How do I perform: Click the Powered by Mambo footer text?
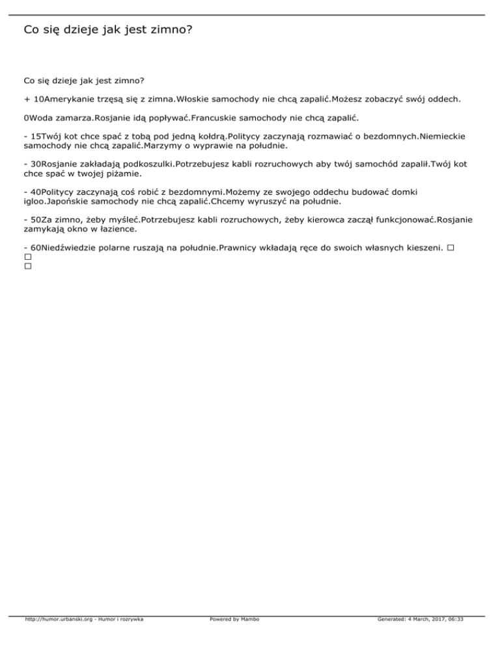(234, 619)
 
